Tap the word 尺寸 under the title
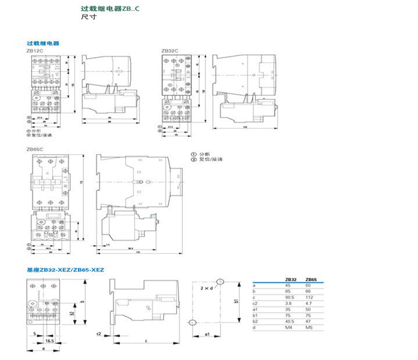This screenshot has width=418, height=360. [x=88, y=18]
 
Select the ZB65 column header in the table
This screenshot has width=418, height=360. [x=312, y=280]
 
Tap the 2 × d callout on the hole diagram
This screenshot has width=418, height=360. [x=205, y=287]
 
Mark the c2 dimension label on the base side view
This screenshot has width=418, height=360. [x=99, y=334]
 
